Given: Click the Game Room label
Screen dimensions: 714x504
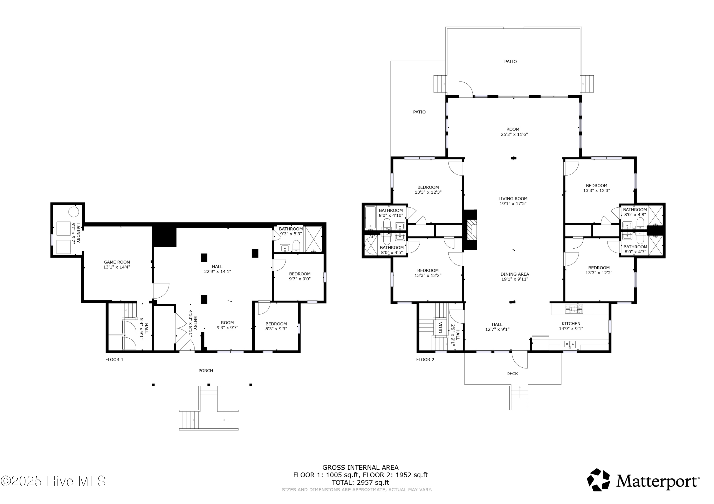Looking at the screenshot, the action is point(117,262).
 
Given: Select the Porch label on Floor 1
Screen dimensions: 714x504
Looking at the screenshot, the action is point(206,370).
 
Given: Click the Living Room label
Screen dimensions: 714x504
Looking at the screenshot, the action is point(513,199).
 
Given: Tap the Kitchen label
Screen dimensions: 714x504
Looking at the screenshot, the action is point(571,324).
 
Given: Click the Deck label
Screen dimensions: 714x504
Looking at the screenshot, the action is point(512,374).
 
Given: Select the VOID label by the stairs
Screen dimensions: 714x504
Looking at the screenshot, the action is point(440,328).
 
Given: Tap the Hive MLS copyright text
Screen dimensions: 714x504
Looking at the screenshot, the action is point(53,481).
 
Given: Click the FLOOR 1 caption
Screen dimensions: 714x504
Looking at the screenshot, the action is point(114,360).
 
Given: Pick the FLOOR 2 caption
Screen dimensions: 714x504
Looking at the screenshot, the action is point(425,360).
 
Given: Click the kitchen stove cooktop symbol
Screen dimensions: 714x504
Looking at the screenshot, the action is point(574,309).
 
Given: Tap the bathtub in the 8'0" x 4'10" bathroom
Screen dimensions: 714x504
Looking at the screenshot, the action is point(370,218).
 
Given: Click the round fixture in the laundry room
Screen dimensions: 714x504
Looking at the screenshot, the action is point(74,211).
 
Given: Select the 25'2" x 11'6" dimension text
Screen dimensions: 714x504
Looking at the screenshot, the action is point(514,134).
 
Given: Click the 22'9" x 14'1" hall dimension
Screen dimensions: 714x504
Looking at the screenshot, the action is point(217,271).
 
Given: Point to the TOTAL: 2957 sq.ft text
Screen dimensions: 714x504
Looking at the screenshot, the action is point(360,483).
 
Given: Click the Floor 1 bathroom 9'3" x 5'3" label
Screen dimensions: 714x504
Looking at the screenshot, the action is point(291,231).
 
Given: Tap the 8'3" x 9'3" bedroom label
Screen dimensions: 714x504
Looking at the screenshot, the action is point(276,329).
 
